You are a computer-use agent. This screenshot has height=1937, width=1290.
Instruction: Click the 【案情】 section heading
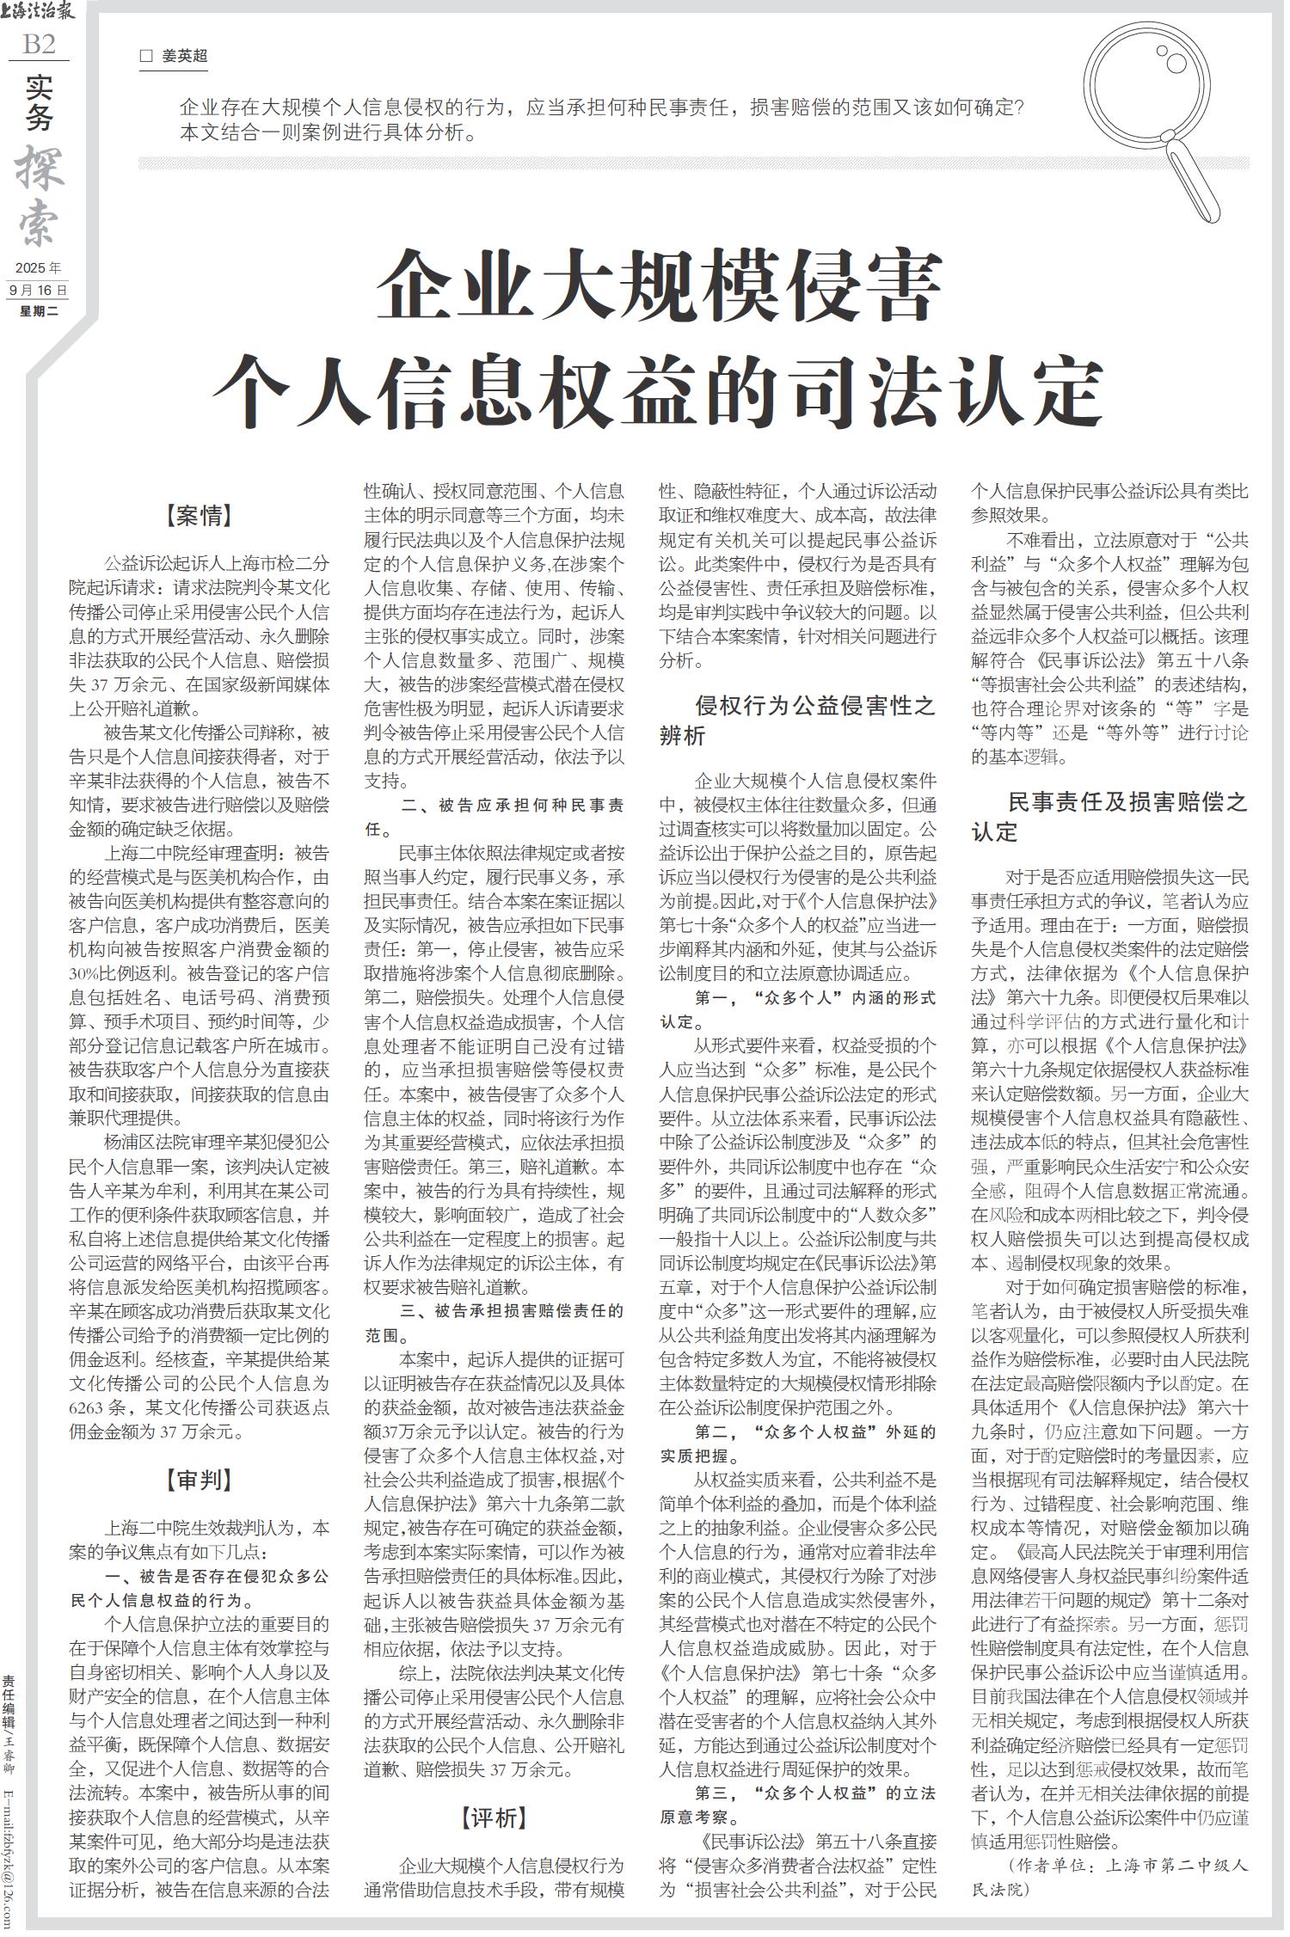pos(199,516)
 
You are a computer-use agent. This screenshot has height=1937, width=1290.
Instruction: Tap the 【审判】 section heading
pos(199,1479)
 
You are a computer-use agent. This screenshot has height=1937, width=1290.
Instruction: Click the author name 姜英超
pos(185,57)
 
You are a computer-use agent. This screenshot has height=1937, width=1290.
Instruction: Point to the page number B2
pos(39,44)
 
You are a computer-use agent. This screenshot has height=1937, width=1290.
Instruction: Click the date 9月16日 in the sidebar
pos(38,290)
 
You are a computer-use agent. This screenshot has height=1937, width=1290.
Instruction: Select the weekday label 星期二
pos(39,310)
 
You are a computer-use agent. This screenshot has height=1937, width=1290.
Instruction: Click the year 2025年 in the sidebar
pos(38,268)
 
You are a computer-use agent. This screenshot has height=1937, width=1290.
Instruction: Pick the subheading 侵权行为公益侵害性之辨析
pos(797,720)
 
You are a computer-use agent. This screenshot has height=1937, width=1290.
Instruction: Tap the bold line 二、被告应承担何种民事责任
pos(494,818)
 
